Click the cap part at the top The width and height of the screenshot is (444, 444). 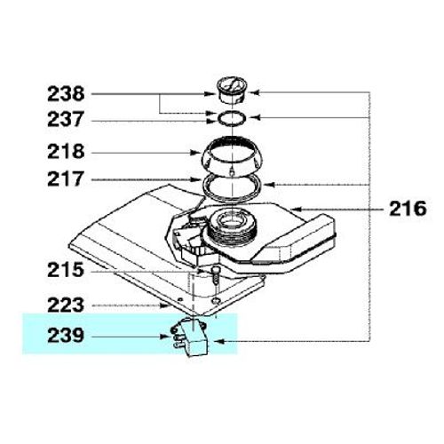pos(234,90)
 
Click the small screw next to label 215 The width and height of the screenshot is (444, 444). pos(214,275)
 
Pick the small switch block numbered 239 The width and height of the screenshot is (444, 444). pos(189,338)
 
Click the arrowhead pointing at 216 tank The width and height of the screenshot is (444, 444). pos(299,210)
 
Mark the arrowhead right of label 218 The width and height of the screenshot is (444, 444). pos(201,151)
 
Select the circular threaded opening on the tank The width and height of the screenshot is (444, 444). pos(231,227)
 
